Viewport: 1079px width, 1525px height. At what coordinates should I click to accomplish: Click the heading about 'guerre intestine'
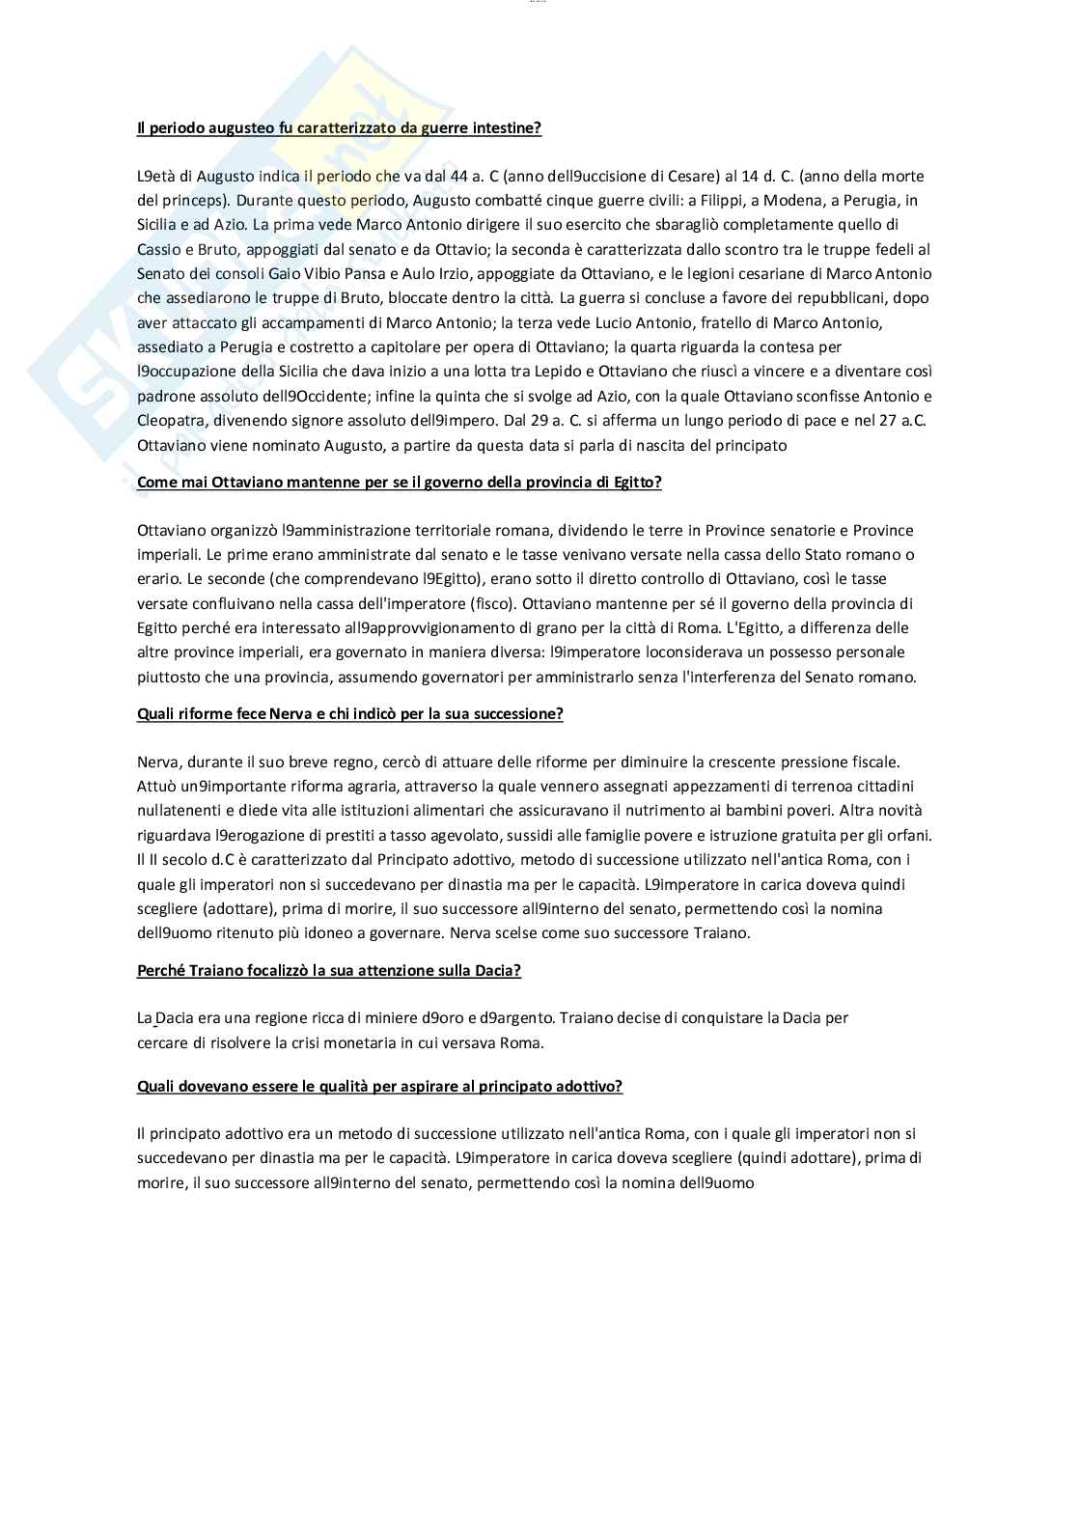(x=339, y=127)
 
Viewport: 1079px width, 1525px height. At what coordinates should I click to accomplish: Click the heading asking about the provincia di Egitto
(x=400, y=483)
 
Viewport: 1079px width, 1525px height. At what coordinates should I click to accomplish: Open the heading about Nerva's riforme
(x=349, y=714)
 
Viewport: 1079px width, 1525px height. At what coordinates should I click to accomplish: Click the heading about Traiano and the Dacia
(x=328, y=970)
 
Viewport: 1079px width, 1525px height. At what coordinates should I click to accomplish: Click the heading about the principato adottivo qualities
(x=379, y=1086)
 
